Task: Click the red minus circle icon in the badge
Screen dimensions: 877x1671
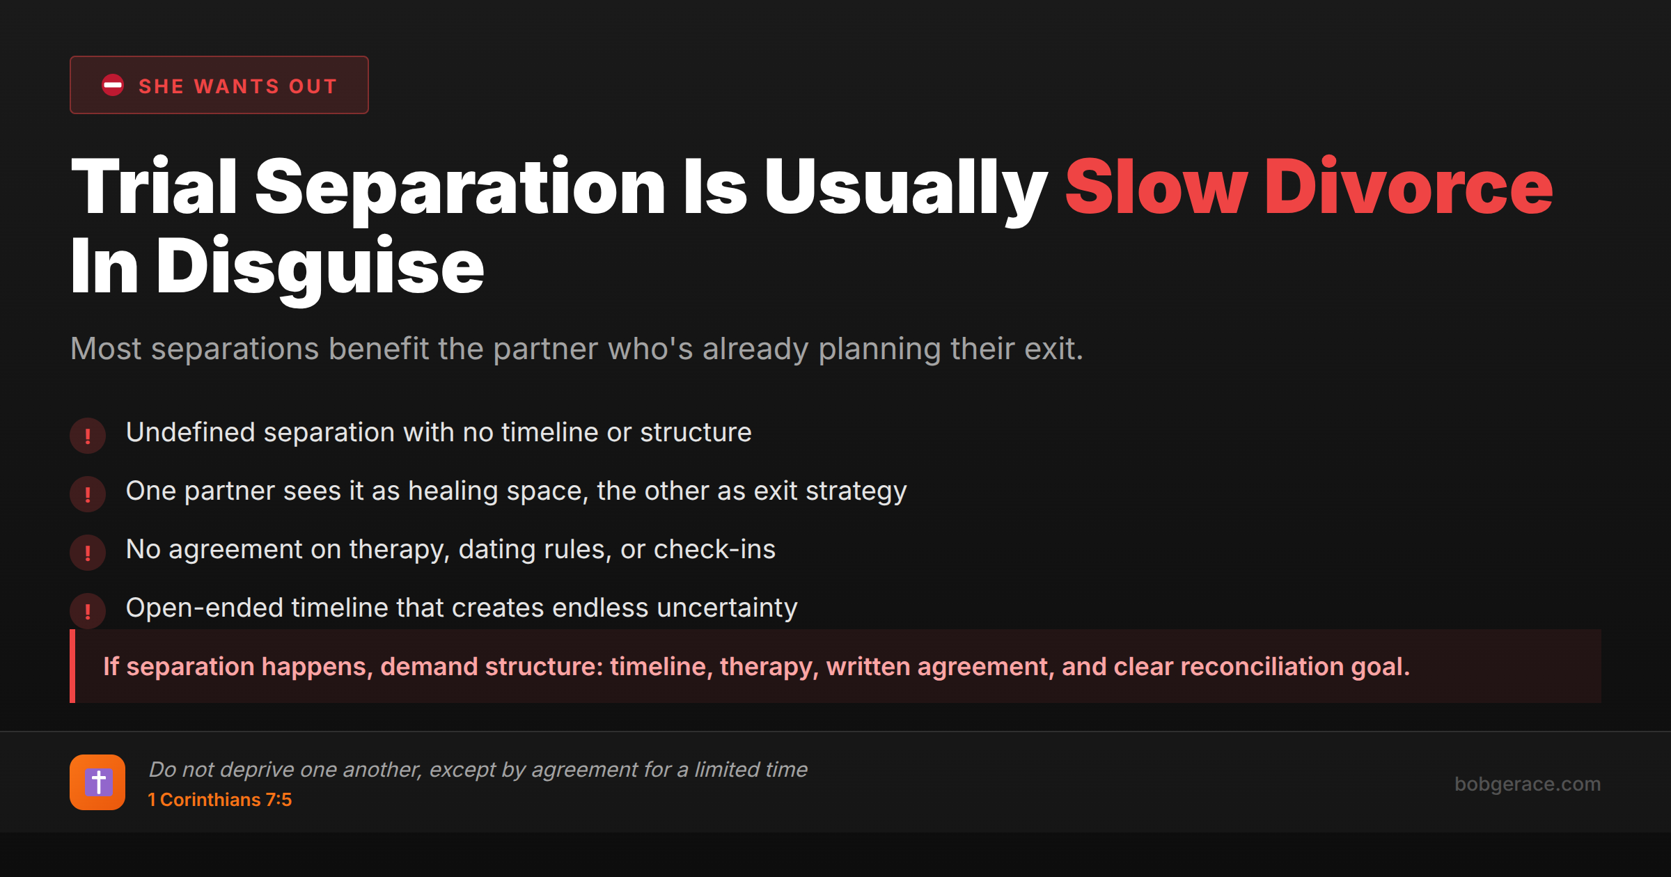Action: [x=113, y=86]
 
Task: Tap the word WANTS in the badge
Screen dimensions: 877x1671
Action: [x=237, y=86]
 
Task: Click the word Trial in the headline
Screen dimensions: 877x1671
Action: [x=154, y=187]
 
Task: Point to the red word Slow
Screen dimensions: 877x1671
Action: [x=1156, y=187]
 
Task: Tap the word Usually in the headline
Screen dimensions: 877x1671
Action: [x=905, y=187]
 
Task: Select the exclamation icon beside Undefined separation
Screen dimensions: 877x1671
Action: [x=88, y=436]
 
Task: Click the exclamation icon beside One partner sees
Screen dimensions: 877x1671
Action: [x=88, y=494]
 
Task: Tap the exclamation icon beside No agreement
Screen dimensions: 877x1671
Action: [x=88, y=553]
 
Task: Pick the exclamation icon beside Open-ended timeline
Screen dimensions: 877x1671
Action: [x=88, y=611]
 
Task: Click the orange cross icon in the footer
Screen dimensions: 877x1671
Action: [x=97, y=782]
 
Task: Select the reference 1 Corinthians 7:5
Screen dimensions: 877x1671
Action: [x=220, y=800]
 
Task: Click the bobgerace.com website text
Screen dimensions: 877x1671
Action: [x=1528, y=784]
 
